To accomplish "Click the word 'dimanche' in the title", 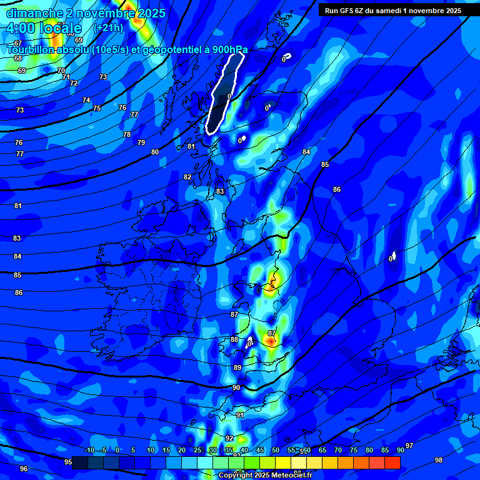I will pos(34,13).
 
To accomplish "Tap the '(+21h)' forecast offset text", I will pos(108,27).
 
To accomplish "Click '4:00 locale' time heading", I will pos(44,28).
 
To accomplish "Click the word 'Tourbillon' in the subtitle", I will pos(34,50).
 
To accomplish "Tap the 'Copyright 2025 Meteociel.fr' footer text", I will pos(266,476).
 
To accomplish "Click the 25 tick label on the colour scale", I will pos(197,451).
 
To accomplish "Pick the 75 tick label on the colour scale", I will pos(354,451).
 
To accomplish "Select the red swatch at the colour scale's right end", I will pos(392,462).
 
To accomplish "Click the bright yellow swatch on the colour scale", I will pos(283,462).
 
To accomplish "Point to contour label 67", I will pos(18,43).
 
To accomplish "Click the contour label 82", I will pos(187,177).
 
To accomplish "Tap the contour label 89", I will pos(237,368).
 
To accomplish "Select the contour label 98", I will pos(439,461).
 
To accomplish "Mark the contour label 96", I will pos(24,469).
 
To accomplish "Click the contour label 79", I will pos(141,143).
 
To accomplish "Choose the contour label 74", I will pos(86,101).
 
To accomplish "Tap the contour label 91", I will pos(240,416).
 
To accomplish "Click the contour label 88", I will pos(234,340).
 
